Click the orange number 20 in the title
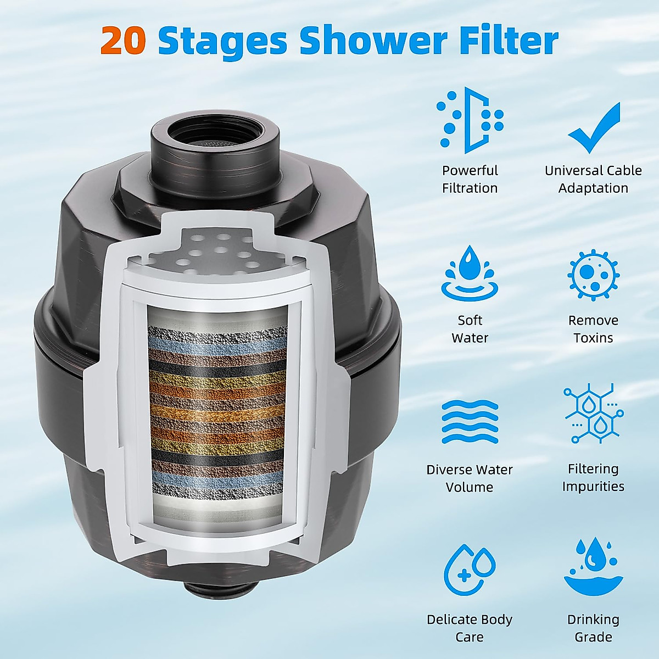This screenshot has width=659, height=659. pyautogui.click(x=122, y=41)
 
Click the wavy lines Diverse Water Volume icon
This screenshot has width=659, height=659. pyautogui.click(x=470, y=422)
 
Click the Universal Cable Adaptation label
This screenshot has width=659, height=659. pyautogui.click(x=593, y=179)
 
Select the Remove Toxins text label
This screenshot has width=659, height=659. pyautogui.click(x=593, y=329)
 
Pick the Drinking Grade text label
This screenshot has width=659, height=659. pyautogui.click(x=593, y=628)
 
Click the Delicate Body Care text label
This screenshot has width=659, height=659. pyautogui.click(x=470, y=628)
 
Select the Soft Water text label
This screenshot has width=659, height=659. pyautogui.click(x=470, y=329)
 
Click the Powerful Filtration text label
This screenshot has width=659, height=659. pyautogui.click(x=470, y=179)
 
